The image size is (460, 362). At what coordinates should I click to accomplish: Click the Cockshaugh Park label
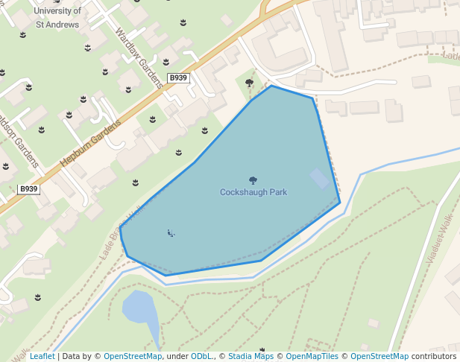click(x=253, y=192)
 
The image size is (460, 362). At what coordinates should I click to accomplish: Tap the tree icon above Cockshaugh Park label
click(x=253, y=180)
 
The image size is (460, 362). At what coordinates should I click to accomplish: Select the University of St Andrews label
click(x=58, y=16)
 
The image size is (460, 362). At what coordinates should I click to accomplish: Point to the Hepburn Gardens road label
click(x=90, y=143)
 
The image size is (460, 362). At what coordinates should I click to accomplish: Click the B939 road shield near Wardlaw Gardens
click(x=178, y=78)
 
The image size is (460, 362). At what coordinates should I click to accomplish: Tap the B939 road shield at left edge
click(x=28, y=189)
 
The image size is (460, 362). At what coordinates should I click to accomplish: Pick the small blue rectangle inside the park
click(x=319, y=179)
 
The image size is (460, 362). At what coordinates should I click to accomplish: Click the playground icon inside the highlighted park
click(x=171, y=233)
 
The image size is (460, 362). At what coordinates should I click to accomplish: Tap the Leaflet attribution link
click(x=42, y=357)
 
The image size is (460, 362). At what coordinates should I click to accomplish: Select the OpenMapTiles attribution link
click(x=311, y=357)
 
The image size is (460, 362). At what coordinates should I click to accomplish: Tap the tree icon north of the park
click(x=249, y=83)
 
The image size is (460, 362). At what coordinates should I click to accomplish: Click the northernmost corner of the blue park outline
click(x=271, y=86)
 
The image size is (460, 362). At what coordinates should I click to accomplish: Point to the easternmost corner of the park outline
click(x=340, y=202)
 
